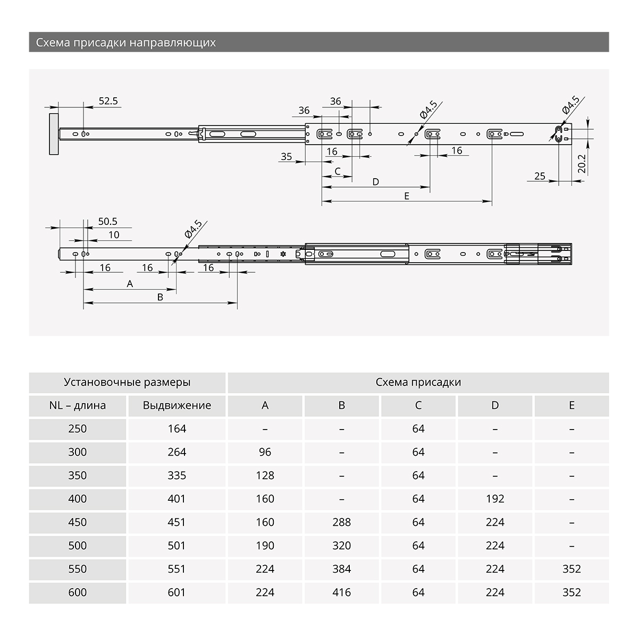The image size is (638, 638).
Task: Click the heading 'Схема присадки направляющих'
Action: point(126,43)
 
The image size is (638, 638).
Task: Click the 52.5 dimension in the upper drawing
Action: point(108,100)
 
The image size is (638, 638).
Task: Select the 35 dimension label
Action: point(287,156)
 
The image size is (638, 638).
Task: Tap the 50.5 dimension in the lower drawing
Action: point(108,221)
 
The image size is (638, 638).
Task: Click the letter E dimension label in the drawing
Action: point(406,196)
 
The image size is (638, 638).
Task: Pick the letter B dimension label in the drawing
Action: point(160,297)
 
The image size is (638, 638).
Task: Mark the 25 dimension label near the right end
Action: point(540,176)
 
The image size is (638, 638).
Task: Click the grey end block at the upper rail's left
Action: point(54,134)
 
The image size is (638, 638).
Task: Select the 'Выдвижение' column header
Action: point(177,406)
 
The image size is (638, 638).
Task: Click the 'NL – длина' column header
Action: point(78,406)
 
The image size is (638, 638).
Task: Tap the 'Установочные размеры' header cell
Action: point(127,382)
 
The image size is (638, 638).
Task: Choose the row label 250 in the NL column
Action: point(78,429)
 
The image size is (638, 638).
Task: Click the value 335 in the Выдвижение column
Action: point(177,475)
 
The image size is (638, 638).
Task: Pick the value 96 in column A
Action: point(265,452)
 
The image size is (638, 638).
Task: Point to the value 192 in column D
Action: point(495,499)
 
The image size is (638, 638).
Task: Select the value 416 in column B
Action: point(341,592)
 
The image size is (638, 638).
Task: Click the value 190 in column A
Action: point(265,545)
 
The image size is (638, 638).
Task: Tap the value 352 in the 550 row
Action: point(572,569)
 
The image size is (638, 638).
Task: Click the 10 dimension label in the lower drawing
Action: point(114,235)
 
